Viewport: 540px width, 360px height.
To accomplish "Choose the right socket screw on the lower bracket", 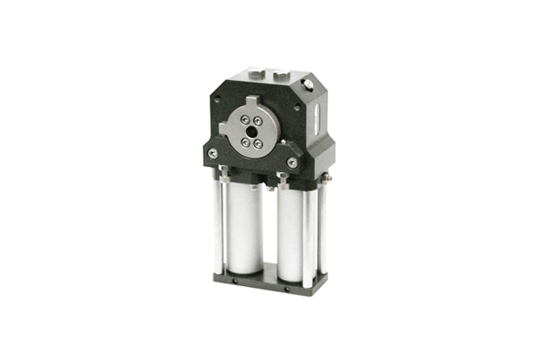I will (x=292, y=163).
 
